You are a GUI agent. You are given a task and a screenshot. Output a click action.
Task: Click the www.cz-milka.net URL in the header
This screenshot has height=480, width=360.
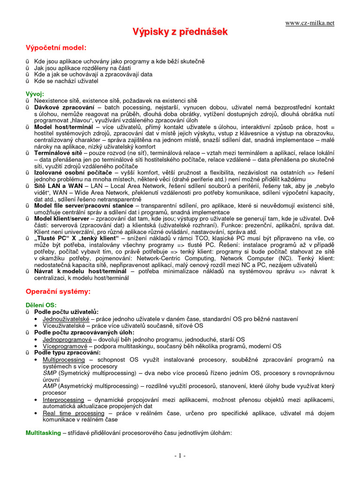tap(310, 22)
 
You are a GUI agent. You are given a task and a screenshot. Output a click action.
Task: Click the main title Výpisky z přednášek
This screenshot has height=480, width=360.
tap(180, 32)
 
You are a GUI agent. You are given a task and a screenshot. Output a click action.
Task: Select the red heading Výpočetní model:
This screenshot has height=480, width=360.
tap(56, 48)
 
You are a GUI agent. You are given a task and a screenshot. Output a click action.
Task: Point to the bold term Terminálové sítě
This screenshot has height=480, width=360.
tap(59, 153)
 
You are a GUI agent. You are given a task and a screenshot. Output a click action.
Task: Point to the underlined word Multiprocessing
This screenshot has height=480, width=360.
tap(64, 360)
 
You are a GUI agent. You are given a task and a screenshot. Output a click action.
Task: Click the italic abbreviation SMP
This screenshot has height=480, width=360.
tap(50, 373)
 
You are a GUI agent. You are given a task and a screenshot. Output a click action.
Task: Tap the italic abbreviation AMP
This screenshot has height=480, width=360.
tap(50, 386)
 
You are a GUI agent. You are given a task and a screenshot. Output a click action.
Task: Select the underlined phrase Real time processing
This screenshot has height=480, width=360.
tap(74, 413)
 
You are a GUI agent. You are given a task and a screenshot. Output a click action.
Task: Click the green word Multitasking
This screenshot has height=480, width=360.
tap(43, 433)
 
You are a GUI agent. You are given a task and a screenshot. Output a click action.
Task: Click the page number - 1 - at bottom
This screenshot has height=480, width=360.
tap(180, 456)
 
